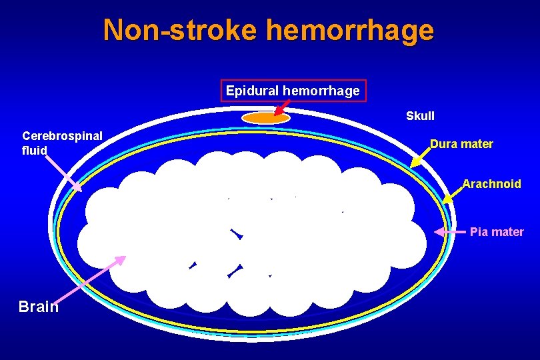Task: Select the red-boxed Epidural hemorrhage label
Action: [x=293, y=90]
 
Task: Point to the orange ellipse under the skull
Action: [x=265, y=118]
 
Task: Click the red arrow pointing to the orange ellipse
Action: [x=282, y=107]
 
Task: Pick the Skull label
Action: [x=420, y=116]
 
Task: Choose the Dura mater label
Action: [x=461, y=143]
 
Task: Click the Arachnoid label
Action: [x=492, y=183]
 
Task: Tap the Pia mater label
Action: [x=497, y=232]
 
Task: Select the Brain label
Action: [x=39, y=307]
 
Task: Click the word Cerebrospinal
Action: [x=62, y=136]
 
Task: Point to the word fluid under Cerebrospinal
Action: [x=35, y=151]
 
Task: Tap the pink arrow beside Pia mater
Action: [x=449, y=232]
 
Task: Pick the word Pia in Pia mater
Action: [x=478, y=232]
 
